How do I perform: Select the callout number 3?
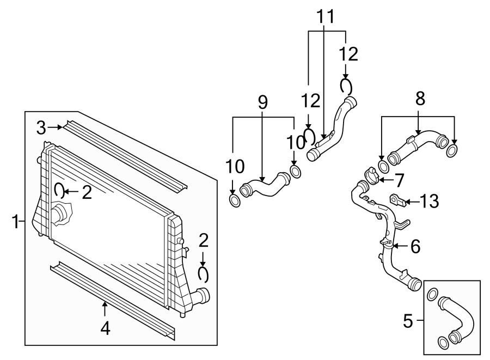[x=41, y=128]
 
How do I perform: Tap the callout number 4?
[x=105, y=328]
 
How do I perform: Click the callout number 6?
[x=415, y=247]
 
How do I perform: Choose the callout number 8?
[x=419, y=98]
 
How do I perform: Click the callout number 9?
[x=262, y=102]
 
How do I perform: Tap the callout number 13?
[x=430, y=202]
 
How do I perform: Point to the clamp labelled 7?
[x=370, y=174]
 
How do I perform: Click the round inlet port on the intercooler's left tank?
[x=60, y=215]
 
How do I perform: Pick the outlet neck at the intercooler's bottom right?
[x=202, y=296]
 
